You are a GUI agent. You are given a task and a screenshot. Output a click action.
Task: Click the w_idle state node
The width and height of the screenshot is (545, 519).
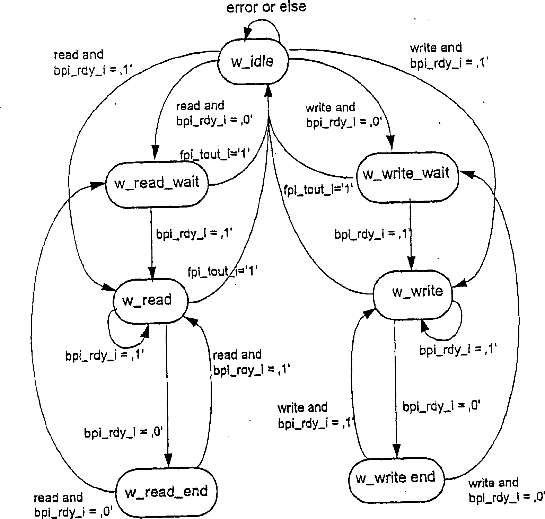point(253,61)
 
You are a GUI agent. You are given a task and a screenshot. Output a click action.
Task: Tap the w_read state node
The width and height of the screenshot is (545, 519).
point(150,300)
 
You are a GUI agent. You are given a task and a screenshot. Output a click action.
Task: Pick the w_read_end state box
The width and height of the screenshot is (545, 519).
point(166,492)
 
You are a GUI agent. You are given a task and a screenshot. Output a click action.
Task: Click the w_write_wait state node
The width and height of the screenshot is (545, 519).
point(407,176)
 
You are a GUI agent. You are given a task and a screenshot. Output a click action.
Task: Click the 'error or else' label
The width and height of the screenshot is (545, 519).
point(266,7)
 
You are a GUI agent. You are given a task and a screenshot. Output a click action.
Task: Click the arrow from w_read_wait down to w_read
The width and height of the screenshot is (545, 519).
point(151,243)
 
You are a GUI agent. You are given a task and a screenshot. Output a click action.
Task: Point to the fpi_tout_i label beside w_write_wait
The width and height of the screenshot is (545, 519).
point(318,190)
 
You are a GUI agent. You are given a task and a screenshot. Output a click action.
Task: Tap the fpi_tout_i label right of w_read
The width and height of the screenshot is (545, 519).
point(222,271)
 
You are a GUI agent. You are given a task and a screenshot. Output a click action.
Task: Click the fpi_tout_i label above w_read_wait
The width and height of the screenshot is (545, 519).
point(215,153)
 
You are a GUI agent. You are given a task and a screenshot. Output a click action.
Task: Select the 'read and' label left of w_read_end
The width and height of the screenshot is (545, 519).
point(58,498)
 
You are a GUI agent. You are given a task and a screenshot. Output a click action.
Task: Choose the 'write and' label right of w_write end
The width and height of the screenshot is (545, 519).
point(493,483)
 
